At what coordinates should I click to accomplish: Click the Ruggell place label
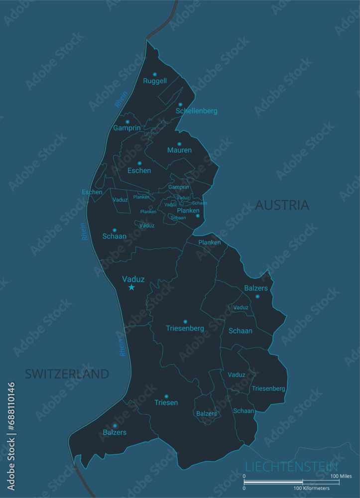click(155, 81)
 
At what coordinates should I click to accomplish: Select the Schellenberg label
click(196, 111)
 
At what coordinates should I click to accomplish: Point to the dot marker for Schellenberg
click(180, 105)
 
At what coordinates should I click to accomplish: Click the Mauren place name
click(179, 150)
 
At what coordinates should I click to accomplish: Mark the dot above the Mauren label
click(179, 144)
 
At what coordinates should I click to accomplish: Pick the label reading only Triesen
click(166, 402)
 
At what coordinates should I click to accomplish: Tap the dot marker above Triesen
click(166, 396)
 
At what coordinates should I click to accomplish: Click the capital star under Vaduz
click(131, 287)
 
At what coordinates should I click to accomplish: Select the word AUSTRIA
click(282, 205)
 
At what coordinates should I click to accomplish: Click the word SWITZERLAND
click(67, 373)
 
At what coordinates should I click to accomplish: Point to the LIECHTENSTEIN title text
click(291, 467)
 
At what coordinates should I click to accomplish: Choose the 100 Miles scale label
click(341, 476)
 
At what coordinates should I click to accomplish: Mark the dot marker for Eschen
click(139, 163)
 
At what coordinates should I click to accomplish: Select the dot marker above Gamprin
click(127, 122)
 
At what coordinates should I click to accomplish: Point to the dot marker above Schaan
click(115, 230)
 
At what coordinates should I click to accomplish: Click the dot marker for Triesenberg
click(185, 322)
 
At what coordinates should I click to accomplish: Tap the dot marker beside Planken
click(198, 216)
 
